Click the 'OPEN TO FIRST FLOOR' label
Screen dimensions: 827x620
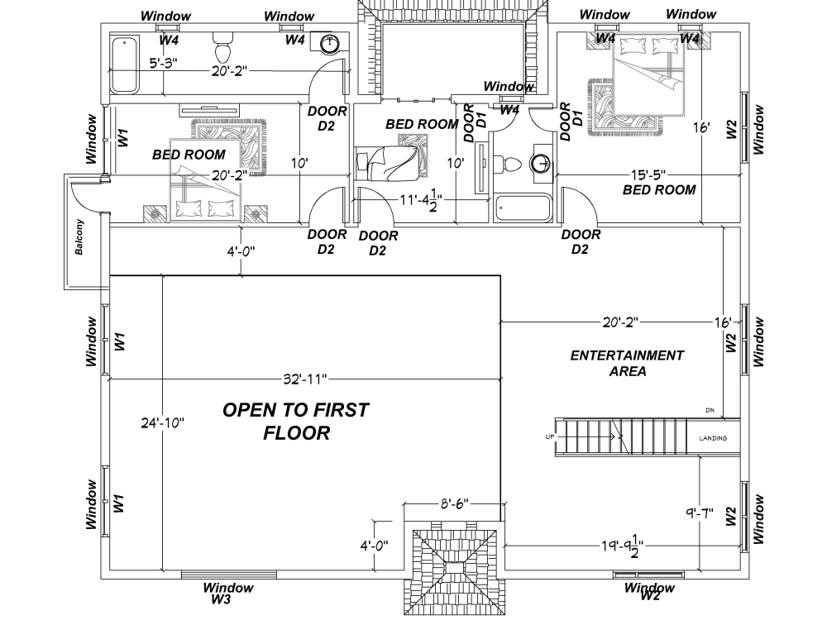coord(296,422)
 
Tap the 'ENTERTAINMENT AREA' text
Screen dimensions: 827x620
coord(627,363)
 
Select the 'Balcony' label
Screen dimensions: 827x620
coord(79,237)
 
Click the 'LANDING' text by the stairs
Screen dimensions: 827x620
coord(713,438)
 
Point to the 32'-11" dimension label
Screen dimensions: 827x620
coord(305,379)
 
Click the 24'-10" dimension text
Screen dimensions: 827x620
coord(162,422)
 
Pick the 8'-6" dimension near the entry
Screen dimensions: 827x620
coord(455,504)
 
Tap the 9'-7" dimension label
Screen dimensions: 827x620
coord(700,512)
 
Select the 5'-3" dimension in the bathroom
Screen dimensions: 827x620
coord(163,64)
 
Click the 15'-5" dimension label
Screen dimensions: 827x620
coord(648,174)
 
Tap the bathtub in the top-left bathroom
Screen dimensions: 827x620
coord(124,64)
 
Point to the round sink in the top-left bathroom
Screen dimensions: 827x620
coord(331,43)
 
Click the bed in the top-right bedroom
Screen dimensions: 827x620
coord(648,76)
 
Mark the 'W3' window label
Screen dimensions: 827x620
coord(221,599)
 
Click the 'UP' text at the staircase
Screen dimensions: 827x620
coord(550,437)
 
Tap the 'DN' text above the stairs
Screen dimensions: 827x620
coord(710,410)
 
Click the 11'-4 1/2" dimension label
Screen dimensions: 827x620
coord(420,200)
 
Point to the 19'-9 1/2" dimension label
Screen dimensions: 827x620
coord(623,546)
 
